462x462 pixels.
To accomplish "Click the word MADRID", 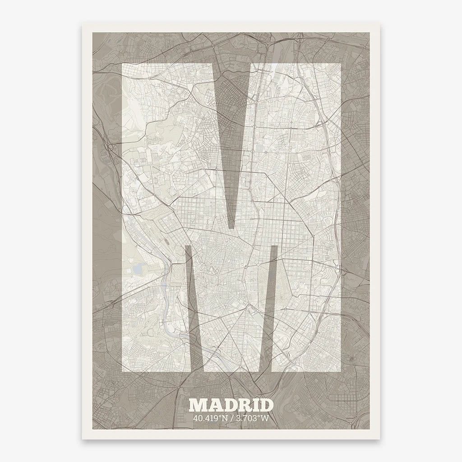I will pyautogui.click(x=231, y=405).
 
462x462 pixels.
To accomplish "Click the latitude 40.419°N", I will pyautogui.click(x=209, y=418).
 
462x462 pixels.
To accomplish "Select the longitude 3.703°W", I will pyautogui.click(x=253, y=418).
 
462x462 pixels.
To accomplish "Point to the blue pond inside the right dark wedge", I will pyautogui.click(x=270, y=271).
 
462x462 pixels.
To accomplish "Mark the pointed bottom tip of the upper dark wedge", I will pyautogui.click(x=232, y=228).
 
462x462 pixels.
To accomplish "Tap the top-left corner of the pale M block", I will pyautogui.click(x=123, y=64).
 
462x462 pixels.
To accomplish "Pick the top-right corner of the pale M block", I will pyautogui.click(x=340, y=64).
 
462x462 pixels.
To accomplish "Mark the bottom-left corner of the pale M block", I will pyautogui.click(x=123, y=372).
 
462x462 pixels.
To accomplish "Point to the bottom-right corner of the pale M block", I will pyautogui.click(x=340, y=372).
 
